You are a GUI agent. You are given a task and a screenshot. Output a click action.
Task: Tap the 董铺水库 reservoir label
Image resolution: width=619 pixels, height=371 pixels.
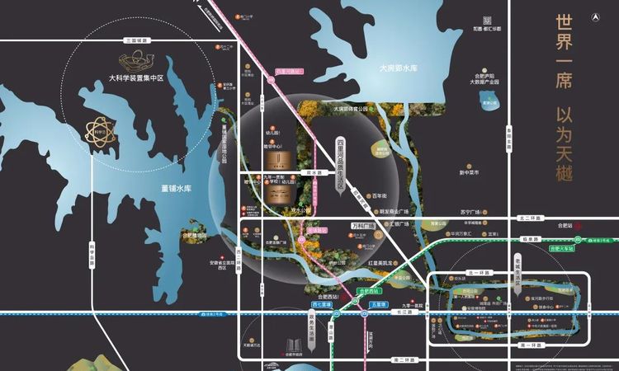176,189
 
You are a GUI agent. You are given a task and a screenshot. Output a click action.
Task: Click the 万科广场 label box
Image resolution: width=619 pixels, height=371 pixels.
363,225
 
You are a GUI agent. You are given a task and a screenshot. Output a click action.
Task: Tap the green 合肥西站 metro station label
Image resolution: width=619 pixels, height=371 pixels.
370,291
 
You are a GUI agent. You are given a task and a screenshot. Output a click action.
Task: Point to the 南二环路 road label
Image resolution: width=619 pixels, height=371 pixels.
404,360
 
